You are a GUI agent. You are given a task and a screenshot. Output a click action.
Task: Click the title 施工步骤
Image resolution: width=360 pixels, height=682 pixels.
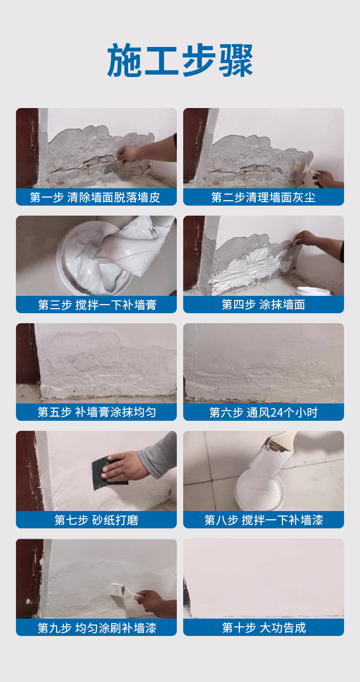pos(180,60)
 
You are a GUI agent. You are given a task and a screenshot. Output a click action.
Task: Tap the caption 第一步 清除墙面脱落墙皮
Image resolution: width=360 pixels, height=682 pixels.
pos(95,197)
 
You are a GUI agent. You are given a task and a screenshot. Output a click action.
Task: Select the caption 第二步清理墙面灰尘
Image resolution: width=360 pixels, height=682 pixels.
pos(263,197)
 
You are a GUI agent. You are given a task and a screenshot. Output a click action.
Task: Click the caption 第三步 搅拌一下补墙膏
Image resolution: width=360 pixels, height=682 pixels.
pos(97,305)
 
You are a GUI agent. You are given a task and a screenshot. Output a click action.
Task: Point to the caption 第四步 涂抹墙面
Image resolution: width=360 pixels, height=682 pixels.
pos(263,305)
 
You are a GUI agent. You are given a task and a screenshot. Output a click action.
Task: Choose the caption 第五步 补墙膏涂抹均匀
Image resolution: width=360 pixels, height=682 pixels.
pos(97,412)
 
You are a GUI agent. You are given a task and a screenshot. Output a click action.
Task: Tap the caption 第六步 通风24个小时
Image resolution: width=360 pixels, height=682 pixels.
pos(263,412)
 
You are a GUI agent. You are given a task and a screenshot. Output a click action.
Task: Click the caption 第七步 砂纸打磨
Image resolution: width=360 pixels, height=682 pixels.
pos(97,520)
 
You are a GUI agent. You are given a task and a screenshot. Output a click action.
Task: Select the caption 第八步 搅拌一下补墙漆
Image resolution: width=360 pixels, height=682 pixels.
pos(263,520)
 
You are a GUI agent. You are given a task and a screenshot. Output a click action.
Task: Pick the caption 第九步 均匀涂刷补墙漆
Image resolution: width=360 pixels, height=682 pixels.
pos(97,628)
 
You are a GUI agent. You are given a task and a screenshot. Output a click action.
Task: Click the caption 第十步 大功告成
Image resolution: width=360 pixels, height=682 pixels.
pos(264,627)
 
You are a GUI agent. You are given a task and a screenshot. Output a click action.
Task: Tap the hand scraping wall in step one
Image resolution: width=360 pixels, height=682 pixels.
pos(128,154)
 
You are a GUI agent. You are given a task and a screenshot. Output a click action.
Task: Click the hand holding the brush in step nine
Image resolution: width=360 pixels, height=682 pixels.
pos(155,603)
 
